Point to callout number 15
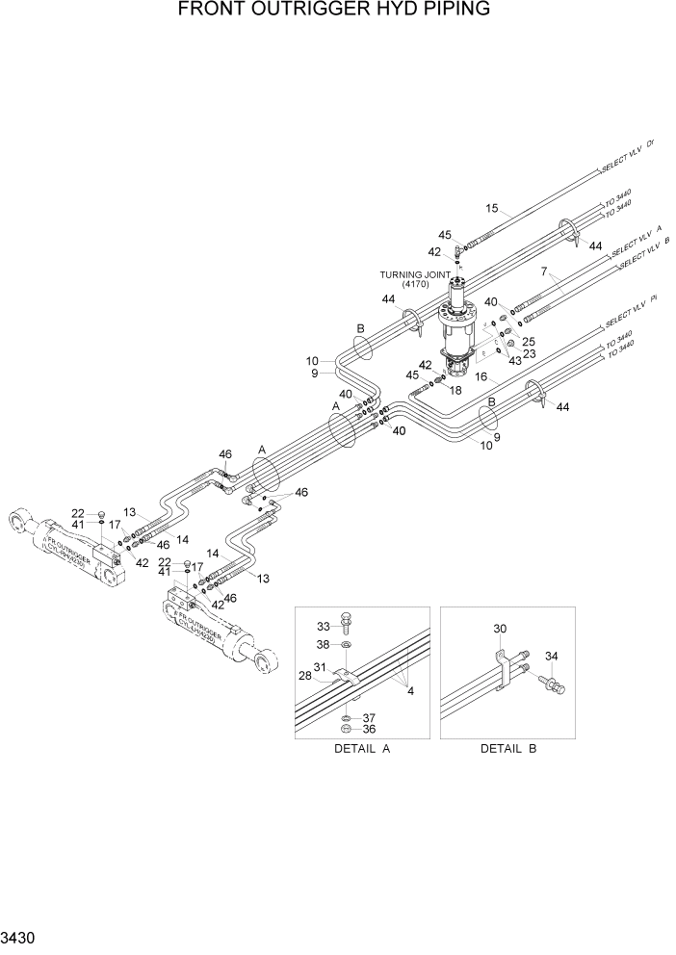coord(492,208)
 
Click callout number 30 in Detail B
coord(499,630)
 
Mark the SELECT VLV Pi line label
coord(631,311)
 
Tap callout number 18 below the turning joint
coord(456,390)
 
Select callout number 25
coord(528,342)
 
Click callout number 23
coord(528,353)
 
